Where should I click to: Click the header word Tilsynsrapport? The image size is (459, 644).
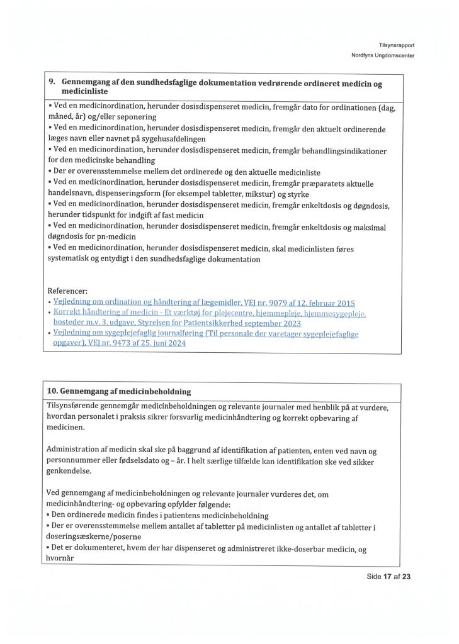tap(397, 45)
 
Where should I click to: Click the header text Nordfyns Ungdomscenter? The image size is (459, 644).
tap(383, 55)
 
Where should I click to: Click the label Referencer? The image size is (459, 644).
tap(68, 291)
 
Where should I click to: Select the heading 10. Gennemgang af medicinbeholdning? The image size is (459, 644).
tap(119, 392)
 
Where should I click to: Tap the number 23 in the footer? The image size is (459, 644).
tap(406, 576)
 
